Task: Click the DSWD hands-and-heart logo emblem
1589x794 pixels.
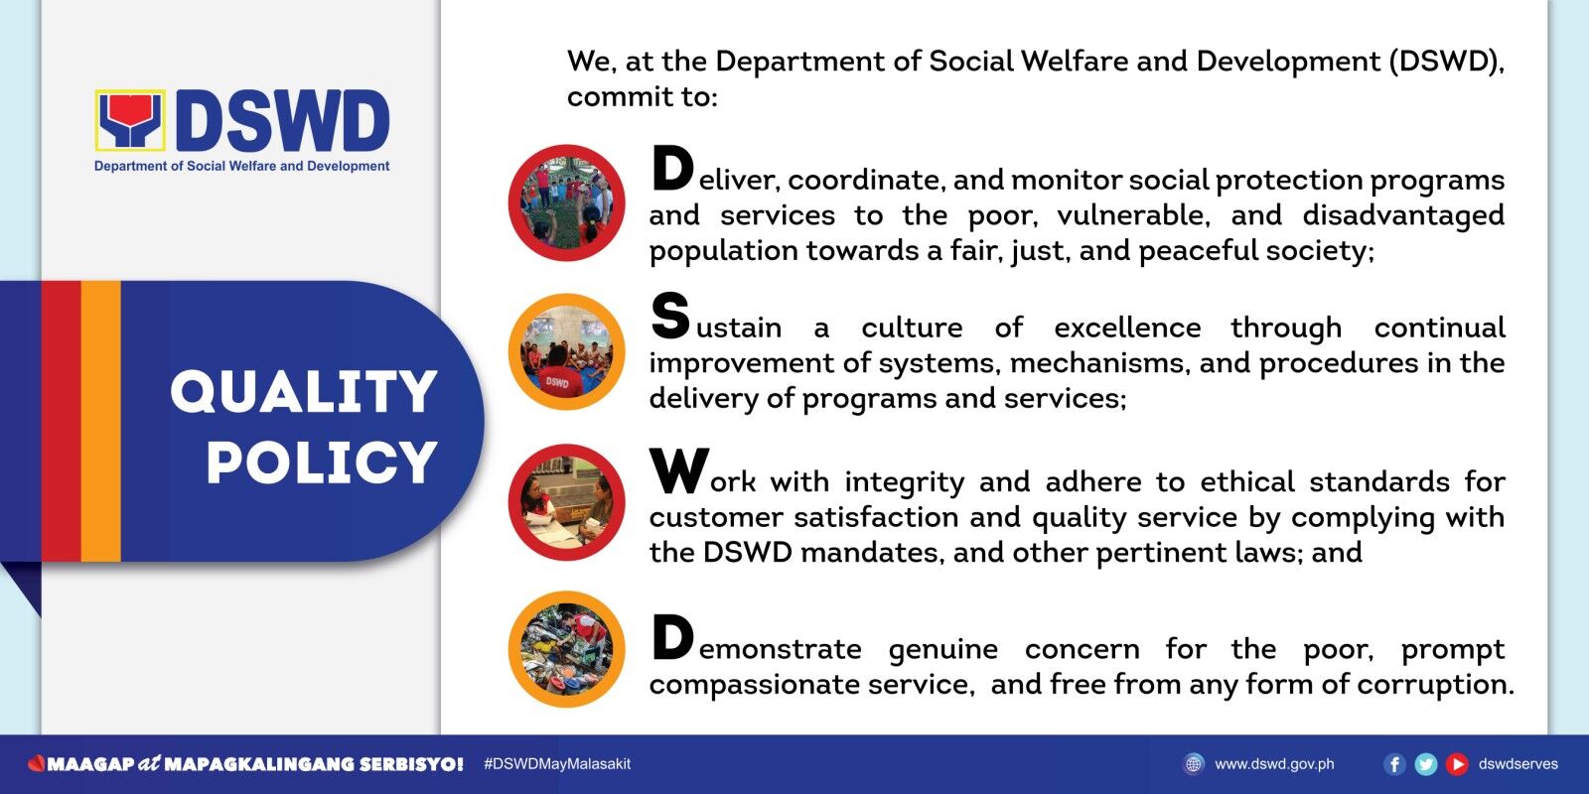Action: click(x=130, y=120)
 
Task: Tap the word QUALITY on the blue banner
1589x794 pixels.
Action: click(x=304, y=391)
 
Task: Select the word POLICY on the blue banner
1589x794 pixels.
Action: click(x=322, y=462)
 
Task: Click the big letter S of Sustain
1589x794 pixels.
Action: click(x=670, y=316)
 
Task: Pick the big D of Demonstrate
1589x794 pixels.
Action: click(x=672, y=636)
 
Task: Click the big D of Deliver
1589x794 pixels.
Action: click(x=672, y=168)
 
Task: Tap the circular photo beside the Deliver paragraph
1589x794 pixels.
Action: click(x=566, y=202)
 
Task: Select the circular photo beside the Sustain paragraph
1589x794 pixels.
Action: click(x=566, y=351)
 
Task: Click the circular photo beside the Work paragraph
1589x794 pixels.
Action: click(x=566, y=502)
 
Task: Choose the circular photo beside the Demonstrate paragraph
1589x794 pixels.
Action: click(x=566, y=649)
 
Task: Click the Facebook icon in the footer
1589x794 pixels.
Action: click(x=1394, y=764)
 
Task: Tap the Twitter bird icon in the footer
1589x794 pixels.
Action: click(x=1426, y=764)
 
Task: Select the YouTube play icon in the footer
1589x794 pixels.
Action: click(x=1457, y=764)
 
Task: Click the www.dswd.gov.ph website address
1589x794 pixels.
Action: click(x=1274, y=764)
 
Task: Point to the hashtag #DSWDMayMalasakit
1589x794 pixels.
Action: click(x=557, y=764)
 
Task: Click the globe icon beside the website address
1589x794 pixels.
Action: click(x=1194, y=764)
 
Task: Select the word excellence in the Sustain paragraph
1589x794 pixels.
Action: click(x=1127, y=328)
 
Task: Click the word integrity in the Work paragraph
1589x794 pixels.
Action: click(x=905, y=482)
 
